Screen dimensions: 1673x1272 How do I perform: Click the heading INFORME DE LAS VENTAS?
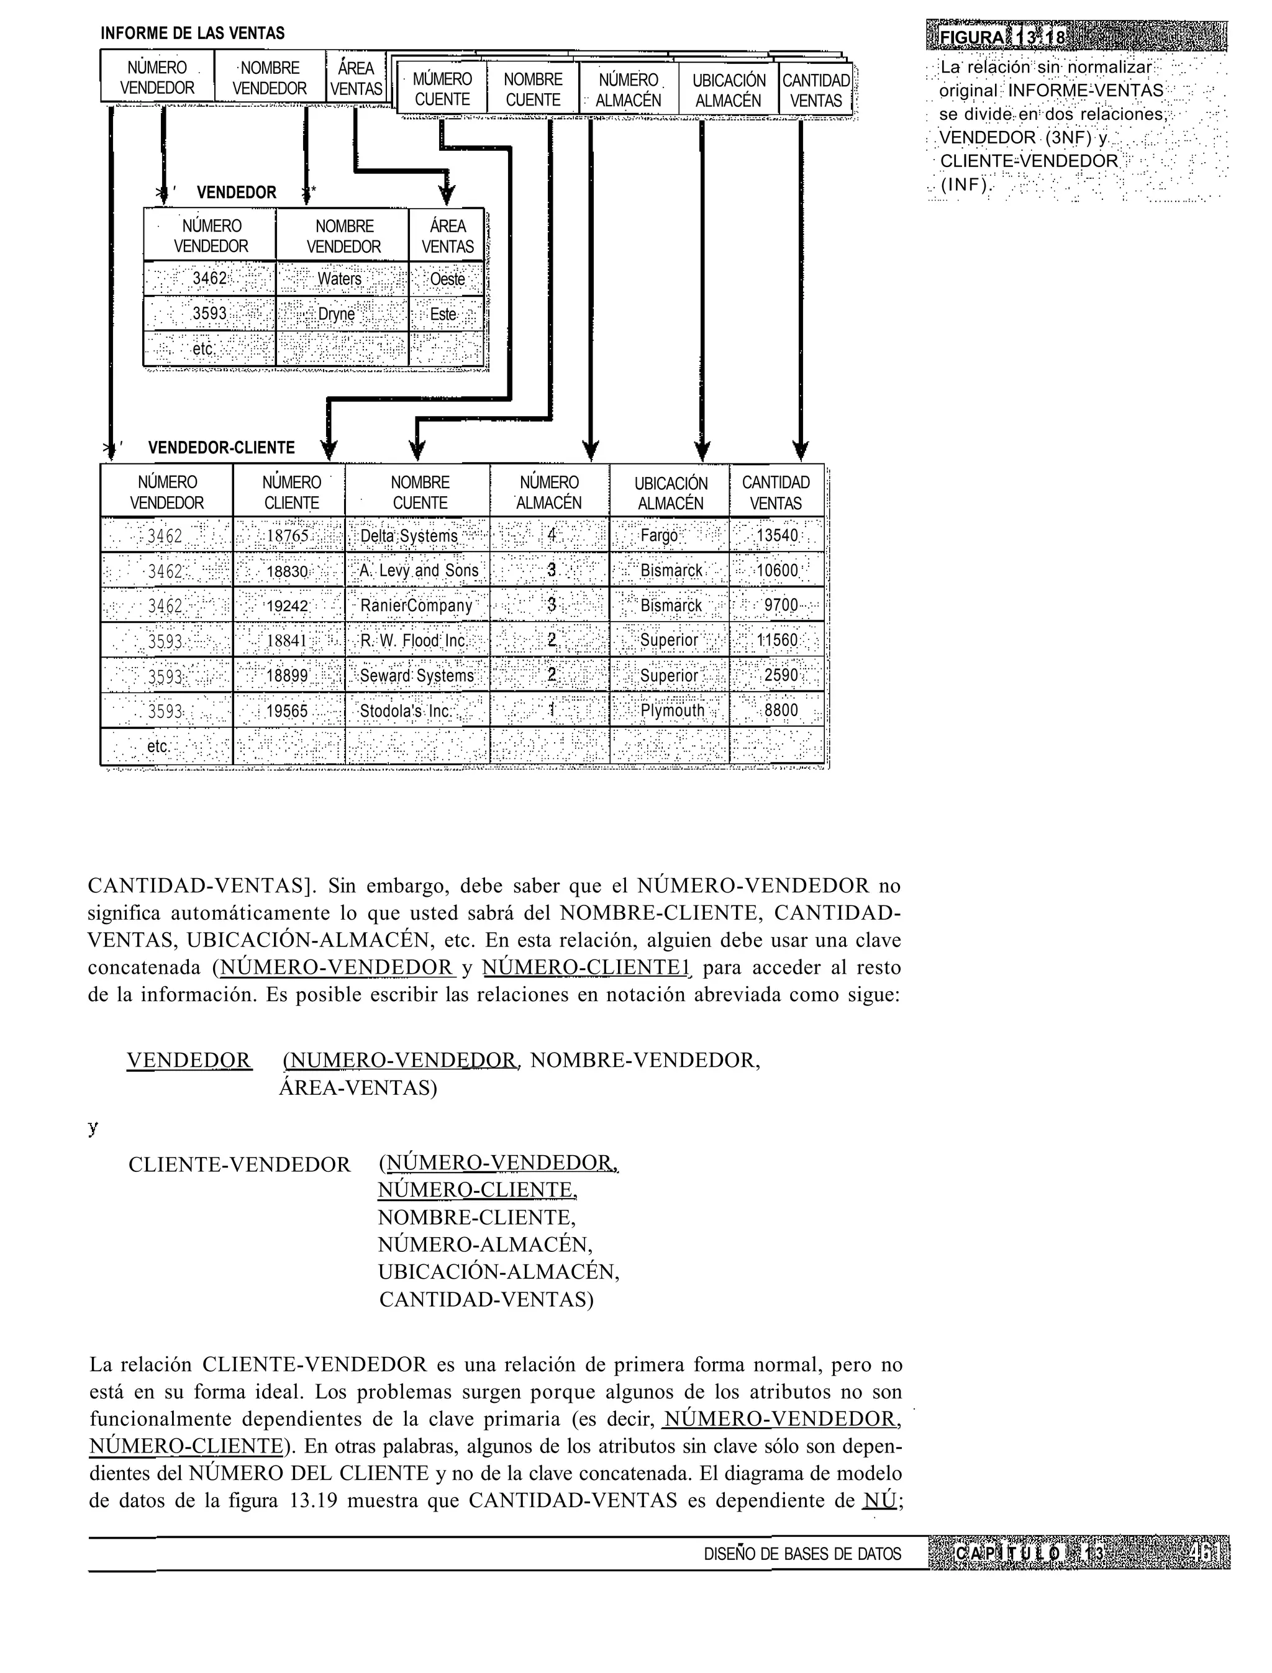coord(193,34)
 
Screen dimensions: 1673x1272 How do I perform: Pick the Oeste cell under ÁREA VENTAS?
coord(447,279)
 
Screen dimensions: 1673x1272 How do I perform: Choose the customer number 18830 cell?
coord(288,571)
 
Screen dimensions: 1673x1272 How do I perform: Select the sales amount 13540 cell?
coord(777,536)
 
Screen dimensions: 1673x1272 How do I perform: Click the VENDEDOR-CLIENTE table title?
coord(221,447)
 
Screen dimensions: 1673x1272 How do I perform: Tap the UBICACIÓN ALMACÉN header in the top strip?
coord(729,90)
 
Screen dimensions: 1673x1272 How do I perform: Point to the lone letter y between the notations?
coord(93,1127)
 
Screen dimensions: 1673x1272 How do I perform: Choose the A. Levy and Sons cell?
coord(419,571)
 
